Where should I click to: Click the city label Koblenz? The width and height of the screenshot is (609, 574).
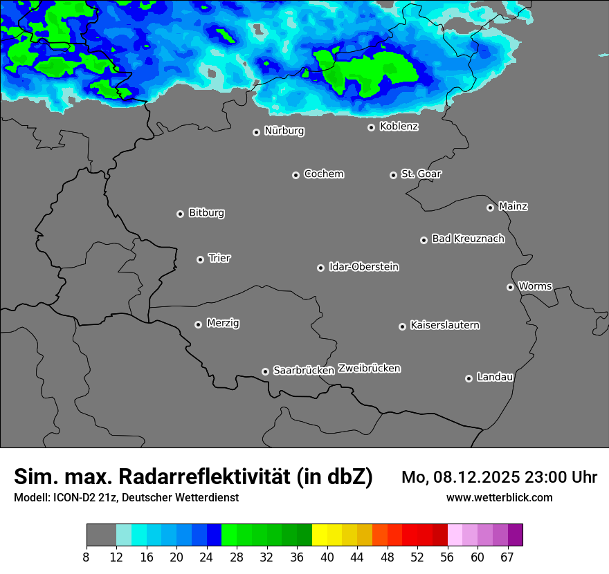[399, 127]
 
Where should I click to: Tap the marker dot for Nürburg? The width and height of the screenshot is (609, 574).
[256, 132]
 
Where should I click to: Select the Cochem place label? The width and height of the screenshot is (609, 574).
[324, 174]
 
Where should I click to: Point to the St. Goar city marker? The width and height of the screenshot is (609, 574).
[393, 175]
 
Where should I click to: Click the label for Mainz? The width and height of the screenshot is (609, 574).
[513, 206]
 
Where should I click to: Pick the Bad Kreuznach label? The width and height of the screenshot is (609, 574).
[468, 239]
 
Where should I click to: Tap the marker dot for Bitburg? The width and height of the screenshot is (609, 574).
[180, 214]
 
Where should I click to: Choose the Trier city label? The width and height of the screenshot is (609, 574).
[219, 258]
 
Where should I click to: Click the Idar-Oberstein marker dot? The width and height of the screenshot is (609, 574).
[320, 268]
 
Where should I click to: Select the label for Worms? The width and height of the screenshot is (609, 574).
[535, 286]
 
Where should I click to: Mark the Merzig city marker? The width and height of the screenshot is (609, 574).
[198, 324]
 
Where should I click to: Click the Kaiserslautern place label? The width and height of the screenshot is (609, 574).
[445, 325]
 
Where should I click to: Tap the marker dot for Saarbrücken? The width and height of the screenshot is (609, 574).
[265, 371]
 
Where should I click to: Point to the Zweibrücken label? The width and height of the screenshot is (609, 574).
[369, 368]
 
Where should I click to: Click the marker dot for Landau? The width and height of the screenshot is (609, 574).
[469, 378]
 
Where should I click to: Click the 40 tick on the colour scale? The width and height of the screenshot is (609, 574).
[327, 557]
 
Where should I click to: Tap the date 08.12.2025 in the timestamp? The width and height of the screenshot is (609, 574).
[475, 477]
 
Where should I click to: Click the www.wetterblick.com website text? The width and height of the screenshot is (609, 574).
[499, 497]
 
